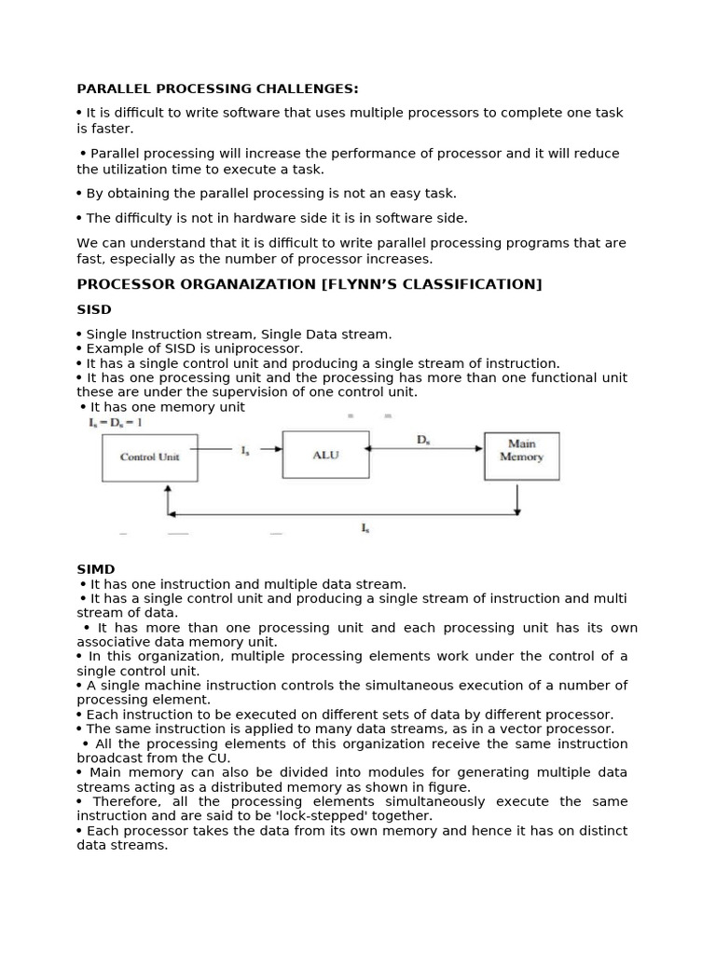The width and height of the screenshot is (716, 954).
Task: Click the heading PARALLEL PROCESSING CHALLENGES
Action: click(217, 89)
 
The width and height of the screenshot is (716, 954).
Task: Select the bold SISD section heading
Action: click(94, 309)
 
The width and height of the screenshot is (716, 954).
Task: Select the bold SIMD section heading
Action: click(95, 569)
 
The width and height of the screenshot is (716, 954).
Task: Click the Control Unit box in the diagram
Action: click(149, 457)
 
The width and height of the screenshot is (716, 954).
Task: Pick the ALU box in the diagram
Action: click(325, 455)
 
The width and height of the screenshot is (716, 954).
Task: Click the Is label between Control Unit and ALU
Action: click(245, 452)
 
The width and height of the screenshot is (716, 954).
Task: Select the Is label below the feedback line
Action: click(365, 528)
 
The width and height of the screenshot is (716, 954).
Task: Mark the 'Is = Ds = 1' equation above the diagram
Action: click(116, 423)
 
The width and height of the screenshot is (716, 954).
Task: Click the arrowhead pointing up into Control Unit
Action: click(168, 488)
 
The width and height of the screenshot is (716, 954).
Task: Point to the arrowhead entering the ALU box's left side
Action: click(277, 448)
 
